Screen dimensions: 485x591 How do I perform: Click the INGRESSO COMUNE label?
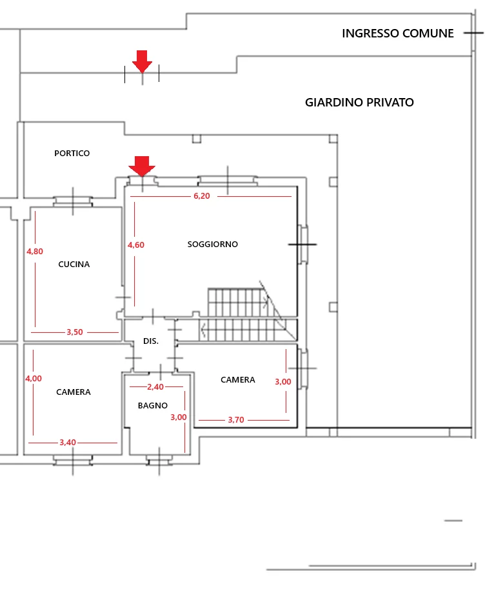click(397, 33)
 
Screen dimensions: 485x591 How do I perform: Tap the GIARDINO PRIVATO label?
click(359, 102)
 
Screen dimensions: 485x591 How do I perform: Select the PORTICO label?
click(72, 153)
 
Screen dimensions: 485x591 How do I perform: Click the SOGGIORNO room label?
click(213, 244)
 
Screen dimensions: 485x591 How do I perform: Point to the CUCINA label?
click(74, 265)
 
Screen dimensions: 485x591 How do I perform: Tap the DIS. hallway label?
click(151, 341)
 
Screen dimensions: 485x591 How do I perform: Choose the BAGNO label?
click(153, 406)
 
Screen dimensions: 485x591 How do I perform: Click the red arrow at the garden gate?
click(142, 61)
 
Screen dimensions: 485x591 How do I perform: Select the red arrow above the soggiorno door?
click(142, 166)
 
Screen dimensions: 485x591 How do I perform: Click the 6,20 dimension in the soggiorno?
click(202, 196)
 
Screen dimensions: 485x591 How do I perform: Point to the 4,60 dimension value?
click(135, 245)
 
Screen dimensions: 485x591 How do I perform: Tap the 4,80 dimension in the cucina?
click(35, 252)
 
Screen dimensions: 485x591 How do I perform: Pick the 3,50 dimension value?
click(75, 332)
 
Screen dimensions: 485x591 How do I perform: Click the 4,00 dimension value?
click(34, 379)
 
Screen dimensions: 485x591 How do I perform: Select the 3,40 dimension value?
click(68, 442)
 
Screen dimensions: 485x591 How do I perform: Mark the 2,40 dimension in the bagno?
click(155, 386)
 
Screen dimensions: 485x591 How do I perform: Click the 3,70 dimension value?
click(236, 420)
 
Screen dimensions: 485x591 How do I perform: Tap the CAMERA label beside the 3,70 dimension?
click(238, 379)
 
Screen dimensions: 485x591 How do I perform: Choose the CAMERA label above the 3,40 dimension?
click(74, 392)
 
